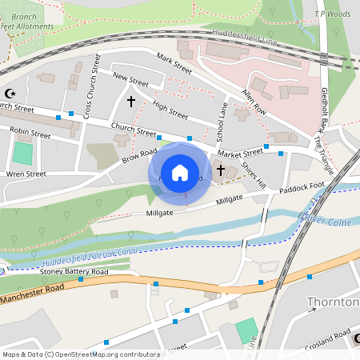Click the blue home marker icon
coord(180,172)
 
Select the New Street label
coord(131,79)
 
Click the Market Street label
coord(240,152)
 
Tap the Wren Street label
coord(26,173)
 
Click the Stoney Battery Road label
coord(74,272)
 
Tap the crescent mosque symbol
coord(10,94)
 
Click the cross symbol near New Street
coord(131,102)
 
